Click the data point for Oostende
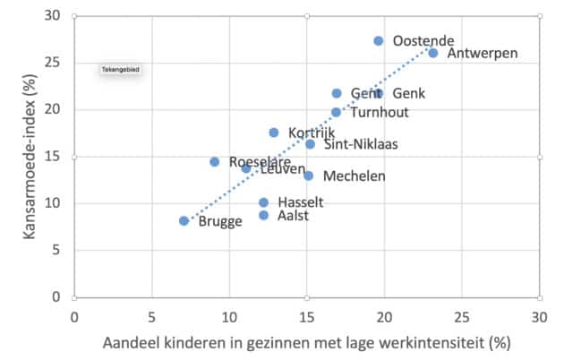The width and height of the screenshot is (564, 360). click(379, 41)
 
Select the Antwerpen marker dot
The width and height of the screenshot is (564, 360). click(433, 53)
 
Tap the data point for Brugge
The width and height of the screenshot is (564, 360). click(184, 220)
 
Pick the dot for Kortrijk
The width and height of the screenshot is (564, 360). click(274, 133)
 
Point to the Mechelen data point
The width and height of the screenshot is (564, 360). click(309, 176)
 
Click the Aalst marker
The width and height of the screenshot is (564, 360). click(264, 215)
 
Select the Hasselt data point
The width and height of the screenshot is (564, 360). click(264, 202)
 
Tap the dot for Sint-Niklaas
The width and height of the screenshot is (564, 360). click(310, 144)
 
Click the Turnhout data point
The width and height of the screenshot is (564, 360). click(337, 112)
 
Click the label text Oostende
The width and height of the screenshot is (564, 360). click(423, 41)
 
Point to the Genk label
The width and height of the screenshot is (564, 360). click(409, 93)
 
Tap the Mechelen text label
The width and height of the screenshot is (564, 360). click(355, 176)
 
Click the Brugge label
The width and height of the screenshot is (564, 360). click(221, 221)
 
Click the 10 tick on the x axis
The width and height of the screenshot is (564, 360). click(229, 315)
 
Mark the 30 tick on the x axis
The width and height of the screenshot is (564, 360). click(539, 315)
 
